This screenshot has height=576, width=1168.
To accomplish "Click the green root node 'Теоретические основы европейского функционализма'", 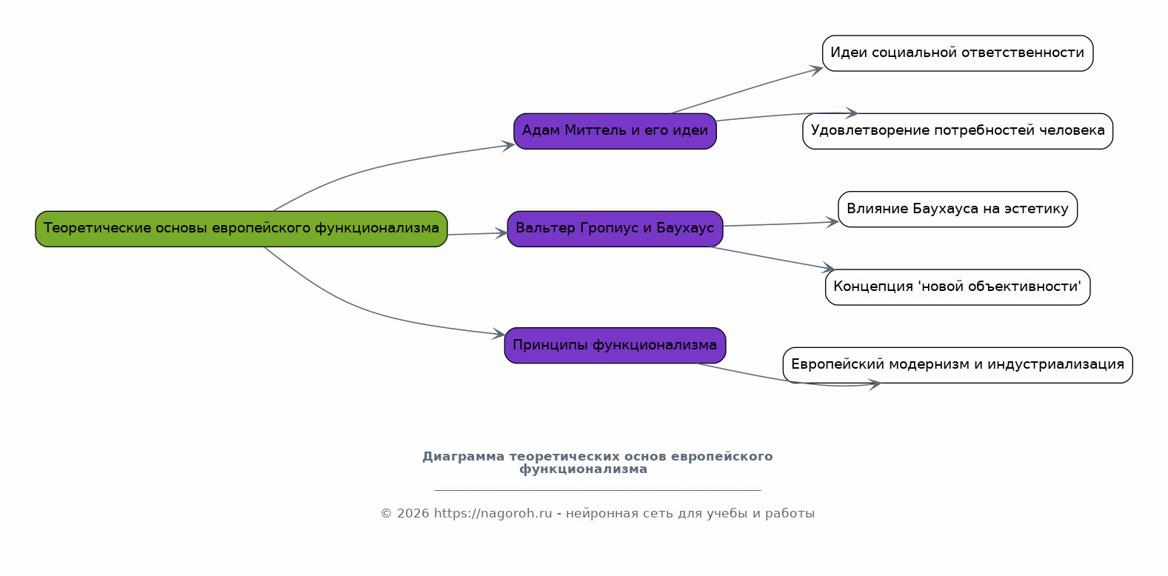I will (x=241, y=229).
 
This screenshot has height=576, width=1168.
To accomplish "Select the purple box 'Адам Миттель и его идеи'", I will (x=615, y=131).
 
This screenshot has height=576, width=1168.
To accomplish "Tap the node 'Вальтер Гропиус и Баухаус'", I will (x=615, y=229).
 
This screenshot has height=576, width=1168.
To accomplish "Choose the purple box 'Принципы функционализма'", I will (x=615, y=346).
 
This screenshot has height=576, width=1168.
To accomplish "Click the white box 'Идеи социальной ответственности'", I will (x=957, y=53).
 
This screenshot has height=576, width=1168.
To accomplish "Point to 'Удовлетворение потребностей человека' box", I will (x=957, y=131).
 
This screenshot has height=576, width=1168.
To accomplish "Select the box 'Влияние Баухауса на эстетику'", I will (x=957, y=210).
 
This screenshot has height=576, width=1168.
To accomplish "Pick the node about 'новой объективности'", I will (x=957, y=287).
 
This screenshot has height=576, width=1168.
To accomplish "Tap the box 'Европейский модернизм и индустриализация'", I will (x=957, y=365).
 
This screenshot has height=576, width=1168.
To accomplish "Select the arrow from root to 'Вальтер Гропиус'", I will (x=477, y=234).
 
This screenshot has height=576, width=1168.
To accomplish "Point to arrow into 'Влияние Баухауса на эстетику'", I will (x=778, y=224).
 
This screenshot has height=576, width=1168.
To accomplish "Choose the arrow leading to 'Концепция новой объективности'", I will (x=770, y=258).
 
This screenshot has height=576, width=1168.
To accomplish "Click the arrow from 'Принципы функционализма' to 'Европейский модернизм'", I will (x=785, y=381).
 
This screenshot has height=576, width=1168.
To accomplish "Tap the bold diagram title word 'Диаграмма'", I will (x=463, y=457).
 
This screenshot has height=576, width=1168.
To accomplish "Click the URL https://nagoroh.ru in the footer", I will (x=493, y=514).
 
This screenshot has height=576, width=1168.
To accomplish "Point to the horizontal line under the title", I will (x=597, y=490).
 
